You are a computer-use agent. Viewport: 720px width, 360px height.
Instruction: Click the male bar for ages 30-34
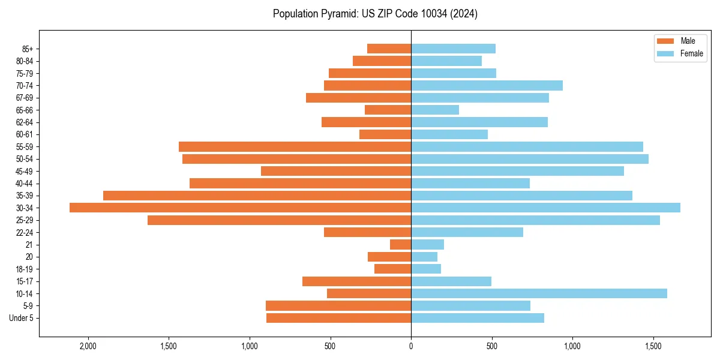240,208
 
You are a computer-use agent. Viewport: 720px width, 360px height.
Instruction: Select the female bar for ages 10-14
539,293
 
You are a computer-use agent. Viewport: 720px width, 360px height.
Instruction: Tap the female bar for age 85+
453,49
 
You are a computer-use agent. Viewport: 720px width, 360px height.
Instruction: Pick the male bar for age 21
400,245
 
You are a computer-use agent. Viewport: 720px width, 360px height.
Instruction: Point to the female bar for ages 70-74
487,85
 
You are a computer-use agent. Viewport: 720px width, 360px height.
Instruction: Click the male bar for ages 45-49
336,171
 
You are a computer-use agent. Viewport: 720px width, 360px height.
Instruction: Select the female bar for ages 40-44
470,183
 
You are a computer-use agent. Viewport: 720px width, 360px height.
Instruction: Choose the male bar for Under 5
338,318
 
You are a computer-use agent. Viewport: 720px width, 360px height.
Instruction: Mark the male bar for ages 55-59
295,146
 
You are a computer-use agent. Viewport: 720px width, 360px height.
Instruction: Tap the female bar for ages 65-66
435,110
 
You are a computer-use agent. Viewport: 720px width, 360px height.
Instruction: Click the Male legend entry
688,41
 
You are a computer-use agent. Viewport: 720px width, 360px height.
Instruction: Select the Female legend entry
691,53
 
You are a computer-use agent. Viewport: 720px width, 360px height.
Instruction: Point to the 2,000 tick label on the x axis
88,346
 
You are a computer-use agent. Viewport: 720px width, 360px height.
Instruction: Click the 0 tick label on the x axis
411,346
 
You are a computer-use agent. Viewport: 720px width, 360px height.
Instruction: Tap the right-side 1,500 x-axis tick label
653,346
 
